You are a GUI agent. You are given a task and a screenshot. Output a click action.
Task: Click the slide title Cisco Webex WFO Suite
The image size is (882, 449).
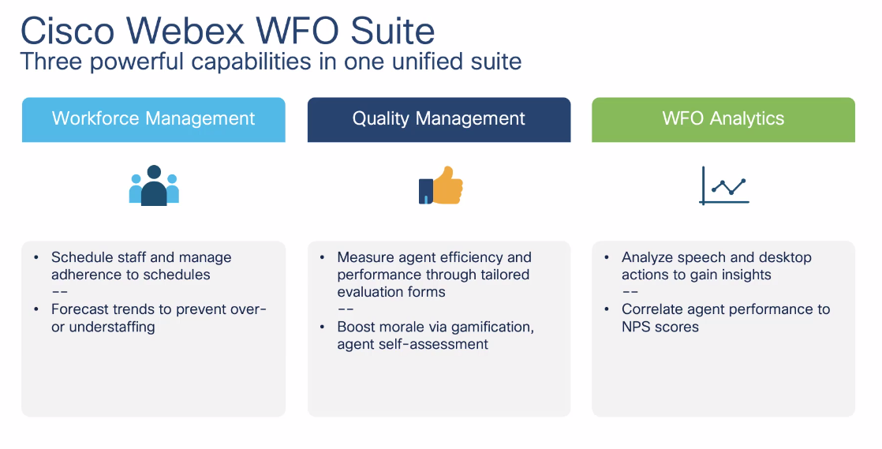pyautogui.click(x=227, y=31)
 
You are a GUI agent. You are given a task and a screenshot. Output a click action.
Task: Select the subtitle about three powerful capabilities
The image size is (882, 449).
pyautogui.click(x=271, y=62)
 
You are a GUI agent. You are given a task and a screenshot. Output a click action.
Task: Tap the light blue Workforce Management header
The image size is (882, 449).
pyautogui.click(x=153, y=119)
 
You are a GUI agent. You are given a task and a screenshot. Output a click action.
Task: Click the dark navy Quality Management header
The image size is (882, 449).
pyautogui.click(x=439, y=119)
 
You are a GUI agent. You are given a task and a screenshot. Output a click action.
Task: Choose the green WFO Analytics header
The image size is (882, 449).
pyautogui.click(x=723, y=119)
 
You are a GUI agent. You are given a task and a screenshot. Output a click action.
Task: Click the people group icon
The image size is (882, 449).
pyautogui.click(x=154, y=186)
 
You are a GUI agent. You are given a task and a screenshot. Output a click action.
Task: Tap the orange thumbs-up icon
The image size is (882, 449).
pyautogui.click(x=440, y=186)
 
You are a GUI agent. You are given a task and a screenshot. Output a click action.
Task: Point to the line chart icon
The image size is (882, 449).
pyautogui.click(x=723, y=186)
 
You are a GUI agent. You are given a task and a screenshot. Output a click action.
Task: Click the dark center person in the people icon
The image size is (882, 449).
pyautogui.click(x=154, y=189)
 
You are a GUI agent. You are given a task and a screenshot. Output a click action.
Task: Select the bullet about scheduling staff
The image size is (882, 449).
pyautogui.click(x=141, y=266)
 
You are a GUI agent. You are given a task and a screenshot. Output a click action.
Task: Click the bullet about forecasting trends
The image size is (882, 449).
pyautogui.click(x=159, y=318)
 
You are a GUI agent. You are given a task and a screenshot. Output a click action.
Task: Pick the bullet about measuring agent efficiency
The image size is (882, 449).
pyautogui.click(x=434, y=275)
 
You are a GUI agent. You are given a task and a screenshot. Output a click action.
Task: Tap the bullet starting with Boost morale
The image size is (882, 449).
pyautogui.click(x=435, y=335)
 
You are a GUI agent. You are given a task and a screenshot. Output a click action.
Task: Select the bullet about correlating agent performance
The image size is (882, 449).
pyautogui.click(x=725, y=318)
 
